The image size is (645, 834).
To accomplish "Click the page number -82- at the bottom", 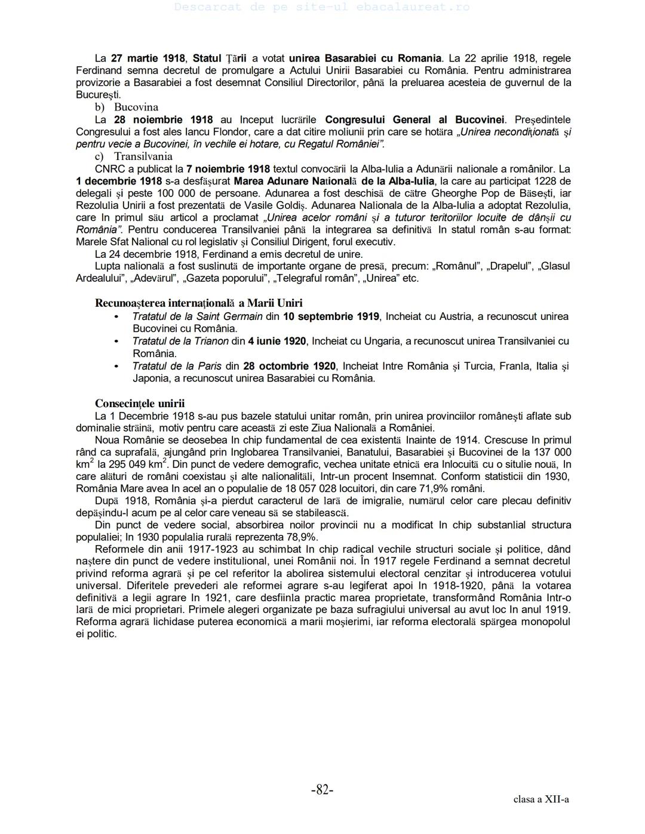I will (x=322, y=790).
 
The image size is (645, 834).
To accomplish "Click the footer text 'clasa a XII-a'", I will (x=540, y=799).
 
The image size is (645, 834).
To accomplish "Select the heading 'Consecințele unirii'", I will (x=140, y=404).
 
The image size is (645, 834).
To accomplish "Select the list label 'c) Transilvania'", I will (x=134, y=156).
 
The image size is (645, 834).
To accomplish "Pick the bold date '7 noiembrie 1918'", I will (x=228, y=169).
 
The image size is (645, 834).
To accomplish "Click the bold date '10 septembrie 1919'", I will (x=331, y=316).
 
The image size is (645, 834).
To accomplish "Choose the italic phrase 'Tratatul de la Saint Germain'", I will (x=197, y=316).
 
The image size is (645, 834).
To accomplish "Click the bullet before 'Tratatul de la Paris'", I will (x=116, y=366).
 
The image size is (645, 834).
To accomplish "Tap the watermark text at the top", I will (x=322, y=7).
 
